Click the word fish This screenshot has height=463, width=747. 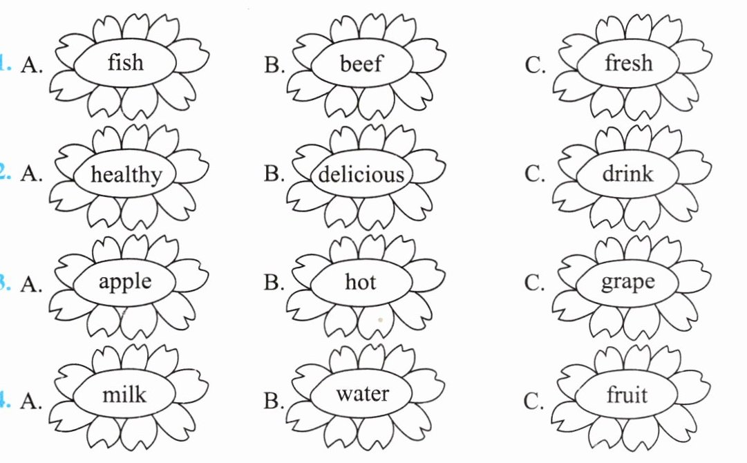coord(126,63)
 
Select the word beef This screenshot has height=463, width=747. coord(361,64)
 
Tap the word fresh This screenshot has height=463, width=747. coord(628,64)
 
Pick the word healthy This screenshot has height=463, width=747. coord(125,174)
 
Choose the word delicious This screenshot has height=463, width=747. coord(361,174)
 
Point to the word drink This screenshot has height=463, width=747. coord(627,173)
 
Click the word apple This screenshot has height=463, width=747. coord(125,283)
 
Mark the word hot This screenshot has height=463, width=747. coord(361,282)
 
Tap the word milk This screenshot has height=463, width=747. coord(124,395)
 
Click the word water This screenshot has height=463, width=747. coord(362,395)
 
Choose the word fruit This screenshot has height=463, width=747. coord(627,395)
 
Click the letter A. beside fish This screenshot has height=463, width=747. coord(32,65)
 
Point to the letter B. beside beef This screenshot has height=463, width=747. coord(274,65)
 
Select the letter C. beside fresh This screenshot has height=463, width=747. coord(535,65)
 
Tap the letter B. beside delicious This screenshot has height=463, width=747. coord(274,174)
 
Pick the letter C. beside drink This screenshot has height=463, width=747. coord(535,174)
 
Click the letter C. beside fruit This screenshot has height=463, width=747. coord(535,401)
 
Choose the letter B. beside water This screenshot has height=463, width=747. coord(274,401)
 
